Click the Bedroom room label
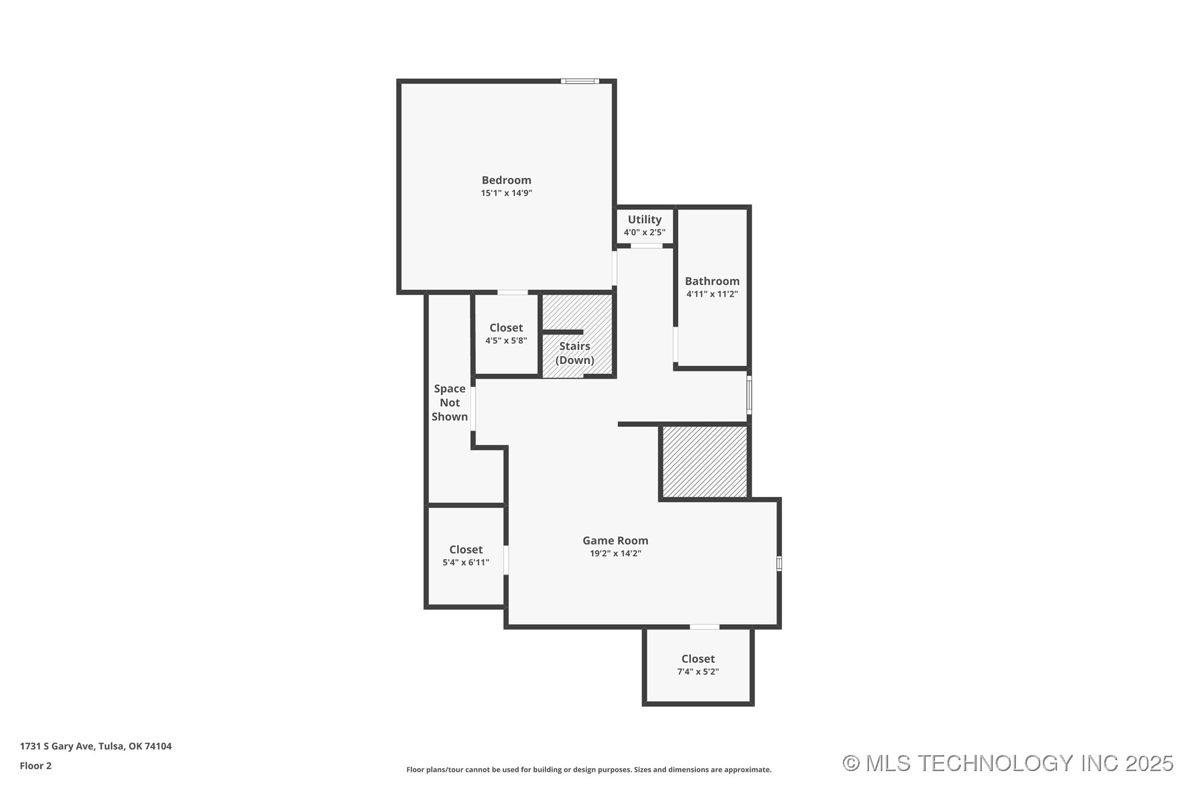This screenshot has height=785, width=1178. (506, 180)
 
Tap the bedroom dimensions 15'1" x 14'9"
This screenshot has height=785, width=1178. (506, 193)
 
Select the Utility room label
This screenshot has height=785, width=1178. (645, 220)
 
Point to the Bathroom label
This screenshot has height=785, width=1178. (712, 281)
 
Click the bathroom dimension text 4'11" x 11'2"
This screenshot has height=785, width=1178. (712, 294)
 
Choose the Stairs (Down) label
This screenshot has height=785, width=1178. (575, 353)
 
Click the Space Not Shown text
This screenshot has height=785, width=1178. (450, 403)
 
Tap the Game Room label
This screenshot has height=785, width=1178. (615, 540)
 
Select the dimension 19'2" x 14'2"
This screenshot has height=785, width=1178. (615, 554)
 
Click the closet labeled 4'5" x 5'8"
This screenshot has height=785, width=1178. (506, 334)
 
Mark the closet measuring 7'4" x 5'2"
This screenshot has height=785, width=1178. (698, 665)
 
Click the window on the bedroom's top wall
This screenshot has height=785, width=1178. (580, 81)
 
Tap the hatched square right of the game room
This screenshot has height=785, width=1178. (705, 462)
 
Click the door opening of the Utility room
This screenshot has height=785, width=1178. (646, 246)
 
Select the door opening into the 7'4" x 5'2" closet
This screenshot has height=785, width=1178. (705, 626)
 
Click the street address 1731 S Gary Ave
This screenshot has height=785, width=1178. (57, 746)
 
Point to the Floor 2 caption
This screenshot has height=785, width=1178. (35, 766)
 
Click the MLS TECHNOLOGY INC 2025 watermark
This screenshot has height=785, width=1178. (1007, 763)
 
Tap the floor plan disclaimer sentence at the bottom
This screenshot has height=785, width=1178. (589, 769)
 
